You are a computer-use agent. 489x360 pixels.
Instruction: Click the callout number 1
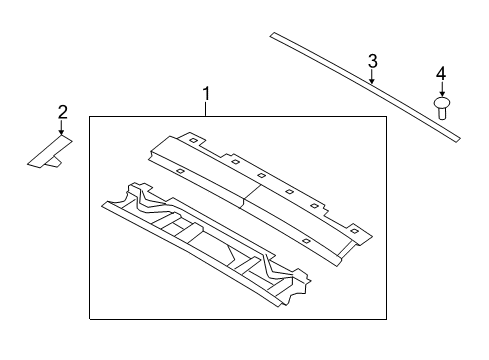point(206,96)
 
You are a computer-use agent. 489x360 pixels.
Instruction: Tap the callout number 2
point(62,111)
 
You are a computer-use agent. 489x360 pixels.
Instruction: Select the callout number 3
point(372,62)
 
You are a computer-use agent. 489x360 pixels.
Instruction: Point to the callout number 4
point(440,73)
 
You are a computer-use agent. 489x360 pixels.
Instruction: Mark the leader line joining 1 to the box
point(206,110)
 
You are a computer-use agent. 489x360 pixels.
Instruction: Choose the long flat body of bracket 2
point(47,151)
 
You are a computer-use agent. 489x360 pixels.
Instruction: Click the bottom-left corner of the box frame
point(90,318)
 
